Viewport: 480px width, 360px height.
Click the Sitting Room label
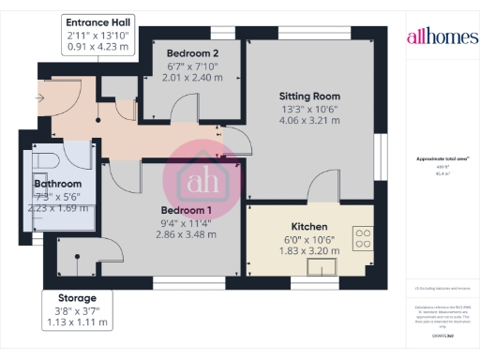point(308,96)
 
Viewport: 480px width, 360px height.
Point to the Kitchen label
point(308,228)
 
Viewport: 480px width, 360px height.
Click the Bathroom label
point(45,184)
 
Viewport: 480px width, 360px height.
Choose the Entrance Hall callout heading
point(100,21)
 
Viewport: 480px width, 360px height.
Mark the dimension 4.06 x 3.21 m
point(308,122)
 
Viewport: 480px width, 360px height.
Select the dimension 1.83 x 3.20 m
point(308,252)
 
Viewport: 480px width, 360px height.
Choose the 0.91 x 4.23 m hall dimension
point(100,47)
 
